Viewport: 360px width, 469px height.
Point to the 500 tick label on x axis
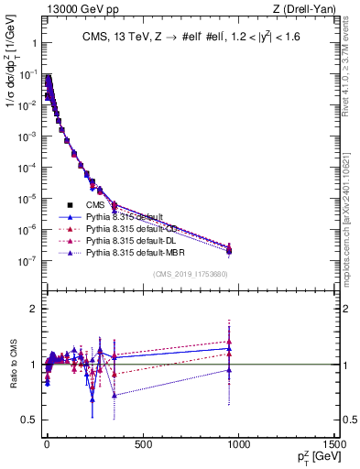143,444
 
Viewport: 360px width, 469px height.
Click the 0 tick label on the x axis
47,444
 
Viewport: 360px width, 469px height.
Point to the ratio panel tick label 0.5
29,420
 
